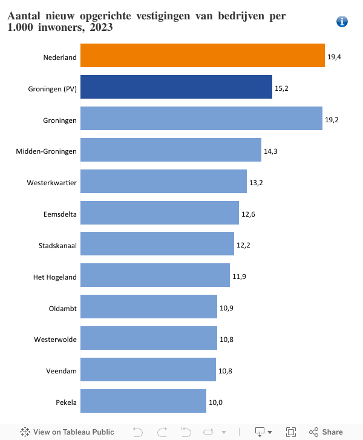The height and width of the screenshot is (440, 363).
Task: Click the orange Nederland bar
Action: pos(202,55)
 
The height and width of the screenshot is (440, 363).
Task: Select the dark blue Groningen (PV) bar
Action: pos(176,87)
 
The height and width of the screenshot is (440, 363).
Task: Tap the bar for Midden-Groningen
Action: pos(171,149)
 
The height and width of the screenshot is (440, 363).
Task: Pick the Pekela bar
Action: pos(143,401)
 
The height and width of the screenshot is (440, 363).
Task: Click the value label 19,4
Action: pos(333,56)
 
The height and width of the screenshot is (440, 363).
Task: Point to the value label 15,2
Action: pos(281,88)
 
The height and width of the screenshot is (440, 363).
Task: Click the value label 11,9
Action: pos(239,277)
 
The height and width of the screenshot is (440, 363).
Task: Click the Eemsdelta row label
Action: pos(60,214)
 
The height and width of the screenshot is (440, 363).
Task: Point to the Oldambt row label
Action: pos(63,308)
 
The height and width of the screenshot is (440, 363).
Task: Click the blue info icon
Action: pos(342,22)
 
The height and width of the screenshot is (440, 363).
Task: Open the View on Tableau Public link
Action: pos(67,432)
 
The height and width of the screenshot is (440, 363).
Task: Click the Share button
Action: pos(326,432)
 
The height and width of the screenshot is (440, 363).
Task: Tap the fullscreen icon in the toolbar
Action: pos(291,432)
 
